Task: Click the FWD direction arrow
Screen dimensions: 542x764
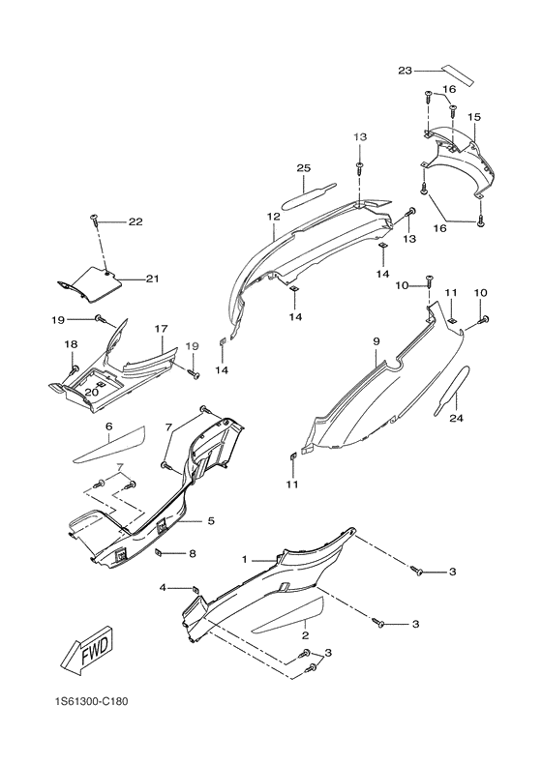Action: (x=91, y=655)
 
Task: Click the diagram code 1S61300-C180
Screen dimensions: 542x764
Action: (x=91, y=702)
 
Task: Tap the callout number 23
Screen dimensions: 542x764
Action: (x=405, y=71)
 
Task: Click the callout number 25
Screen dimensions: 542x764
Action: (x=304, y=168)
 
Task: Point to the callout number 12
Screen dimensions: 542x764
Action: (x=274, y=217)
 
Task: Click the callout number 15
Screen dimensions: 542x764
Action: (x=473, y=117)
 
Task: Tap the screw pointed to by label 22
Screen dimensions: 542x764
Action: (x=95, y=219)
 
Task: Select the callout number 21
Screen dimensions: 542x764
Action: (x=152, y=279)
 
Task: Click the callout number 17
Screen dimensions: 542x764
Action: (x=161, y=329)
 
